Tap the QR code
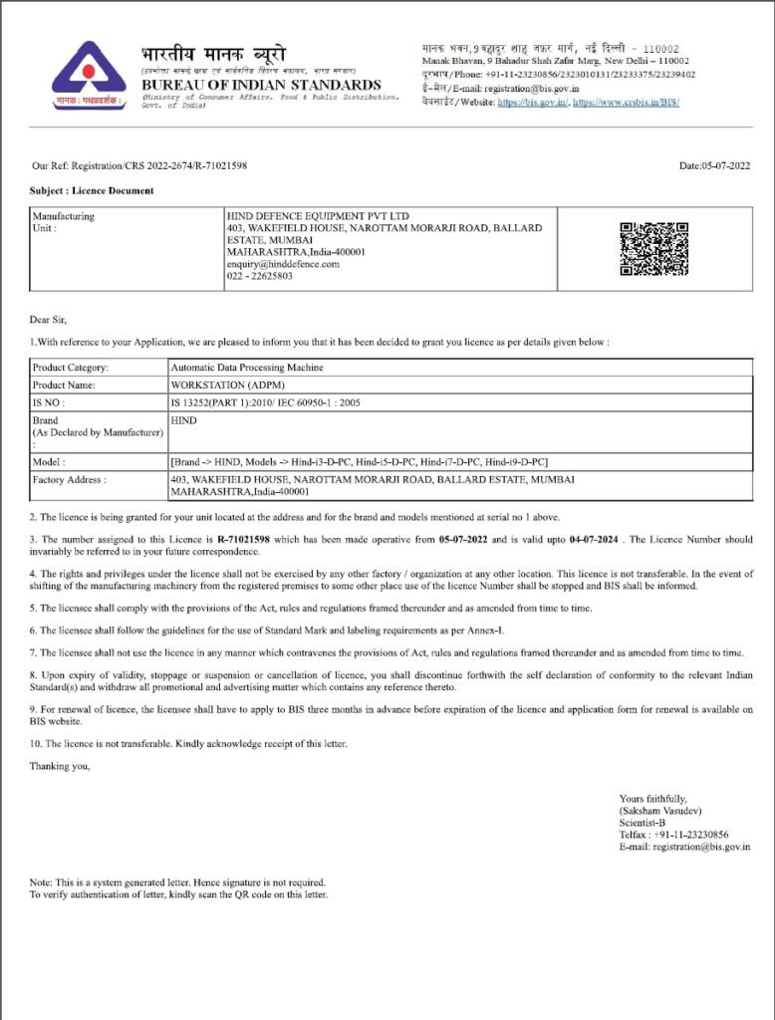(x=653, y=249)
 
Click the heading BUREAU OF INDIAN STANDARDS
(x=261, y=85)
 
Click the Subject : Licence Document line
(x=92, y=190)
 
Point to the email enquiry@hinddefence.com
(x=283, y=264)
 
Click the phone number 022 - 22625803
(x=260, y=276)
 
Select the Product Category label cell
(x=71, y=368)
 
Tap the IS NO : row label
(x=50, y=401)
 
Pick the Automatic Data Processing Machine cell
(x=247, y=368)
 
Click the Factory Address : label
(x=69, y=479)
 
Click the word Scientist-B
(x=643, y=823)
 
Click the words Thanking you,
(x=60, y=765)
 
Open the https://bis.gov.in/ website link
(x=532, y=102)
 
